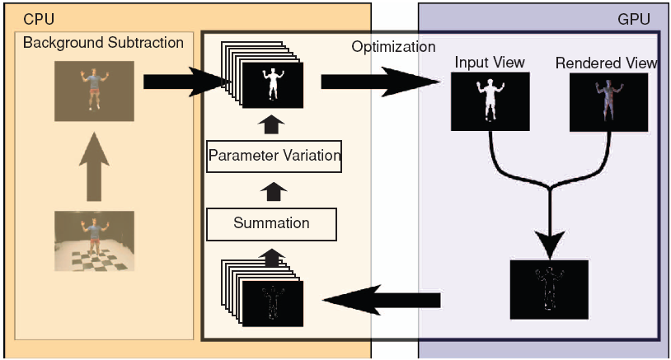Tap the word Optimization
[393, 47]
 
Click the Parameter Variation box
[274, 155]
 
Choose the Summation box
[271, 222]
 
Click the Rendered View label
[606, 63]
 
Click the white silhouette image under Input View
[489, 102]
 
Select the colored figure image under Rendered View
[608, 102]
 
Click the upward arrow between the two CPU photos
[94, 165]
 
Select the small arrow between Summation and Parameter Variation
[271, 189]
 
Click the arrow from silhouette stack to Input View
[379, 82]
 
